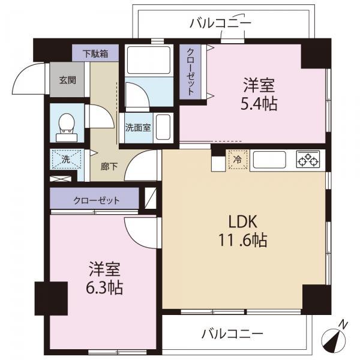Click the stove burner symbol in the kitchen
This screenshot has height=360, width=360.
tap(308, 160)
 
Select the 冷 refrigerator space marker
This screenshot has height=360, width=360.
tap(237, 160)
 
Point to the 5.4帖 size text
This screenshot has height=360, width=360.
tap(260, 103)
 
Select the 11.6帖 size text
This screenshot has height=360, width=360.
tap(242, 241)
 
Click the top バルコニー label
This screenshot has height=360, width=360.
tap(220, 23)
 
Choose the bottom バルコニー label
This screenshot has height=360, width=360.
tap(232, 333)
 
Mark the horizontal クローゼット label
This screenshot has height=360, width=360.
tap(97, 200)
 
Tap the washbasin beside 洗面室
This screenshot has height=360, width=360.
tap(165, 127)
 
